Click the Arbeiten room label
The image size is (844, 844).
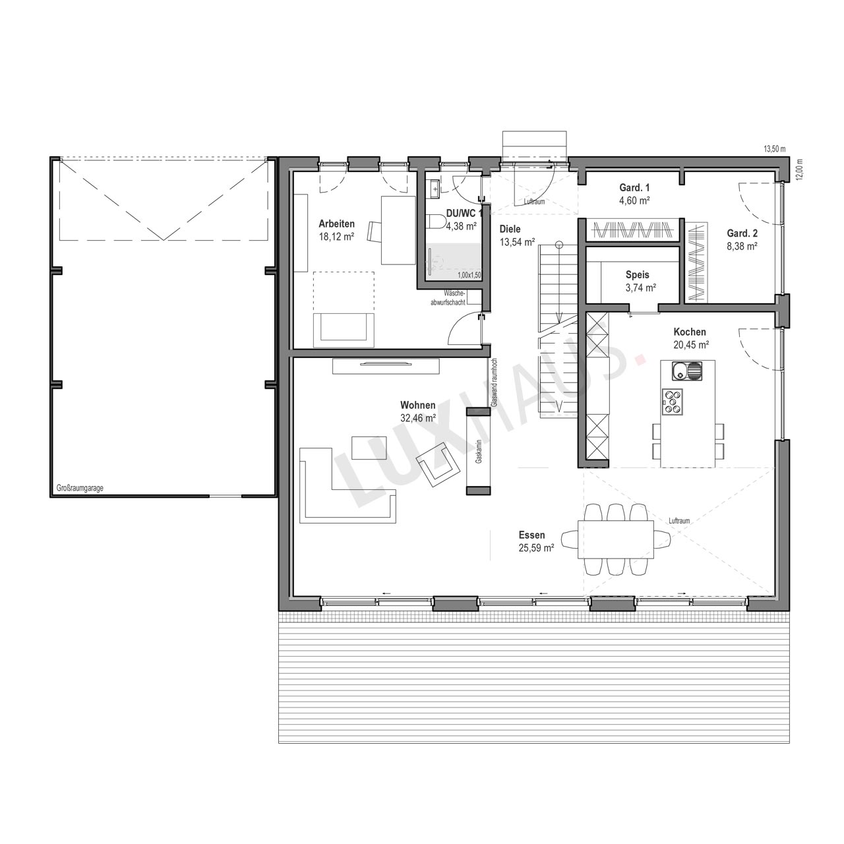click(x=336, y=224)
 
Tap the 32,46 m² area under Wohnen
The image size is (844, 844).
click(x=418, y=418)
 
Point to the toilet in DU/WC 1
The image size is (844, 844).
click(x=434, y=222)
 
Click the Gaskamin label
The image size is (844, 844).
click(x=479, y=452)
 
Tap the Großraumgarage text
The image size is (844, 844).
click(x=80, y=489)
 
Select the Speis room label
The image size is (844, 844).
click(x=637, y=275)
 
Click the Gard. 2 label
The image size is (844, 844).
click(x=742, y=233)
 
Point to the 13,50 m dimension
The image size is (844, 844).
click(x=775, y=150)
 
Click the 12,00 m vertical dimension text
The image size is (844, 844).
click(x=800, y=169)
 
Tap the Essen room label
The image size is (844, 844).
click(x=531, y=535)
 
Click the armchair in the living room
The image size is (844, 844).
click(x=438, y=464)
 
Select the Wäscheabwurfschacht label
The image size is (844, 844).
click(x=448, y=298)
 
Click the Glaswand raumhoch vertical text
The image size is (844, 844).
click(x=494, y=383)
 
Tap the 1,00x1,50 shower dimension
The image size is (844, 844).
click(x=469, y=276)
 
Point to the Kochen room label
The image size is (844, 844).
click(x=690, y=332)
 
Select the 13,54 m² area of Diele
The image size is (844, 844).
click(x=517, y=242)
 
